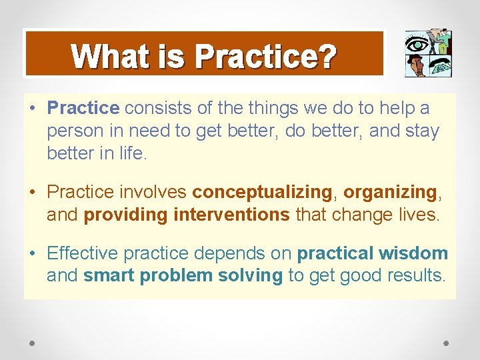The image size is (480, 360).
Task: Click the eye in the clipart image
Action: point(417,44)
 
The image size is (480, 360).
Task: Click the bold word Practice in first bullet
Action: point(83,108)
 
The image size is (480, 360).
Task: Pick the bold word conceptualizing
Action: point(262,193)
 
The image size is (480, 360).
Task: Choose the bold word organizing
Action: point(389,193)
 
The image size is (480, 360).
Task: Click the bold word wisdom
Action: point(413,253)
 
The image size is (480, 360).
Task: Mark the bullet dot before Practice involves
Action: point(33,193)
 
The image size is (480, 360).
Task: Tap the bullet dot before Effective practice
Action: point(33,253)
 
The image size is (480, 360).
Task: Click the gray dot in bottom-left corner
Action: point(33,343)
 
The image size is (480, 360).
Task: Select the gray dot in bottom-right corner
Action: point(447,343)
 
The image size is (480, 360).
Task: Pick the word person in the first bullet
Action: point(73,131)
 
